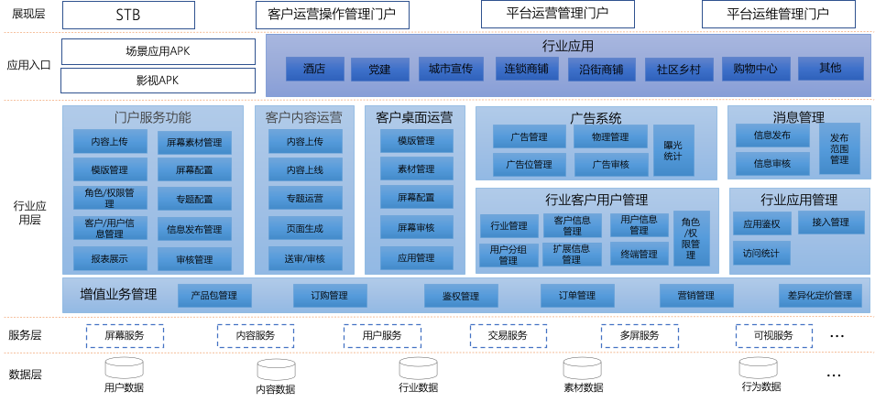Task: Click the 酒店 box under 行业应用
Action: pos(314,69)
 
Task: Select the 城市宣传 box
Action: pos(450,69)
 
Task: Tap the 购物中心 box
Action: pos(755,69)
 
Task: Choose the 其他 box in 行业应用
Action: pos(830,69)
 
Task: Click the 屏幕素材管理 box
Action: pos(194,143)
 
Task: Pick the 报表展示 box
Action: pos(109,259)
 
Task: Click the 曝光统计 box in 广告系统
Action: pos(673,150)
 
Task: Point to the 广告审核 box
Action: pos(610,165)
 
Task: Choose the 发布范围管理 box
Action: pos(839,147)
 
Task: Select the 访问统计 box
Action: pos(761,254)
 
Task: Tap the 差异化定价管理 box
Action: pos(820,295)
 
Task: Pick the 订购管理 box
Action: pos(330,295)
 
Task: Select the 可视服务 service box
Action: pos(773,336)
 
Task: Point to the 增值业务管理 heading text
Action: pos(118,295)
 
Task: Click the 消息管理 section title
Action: pos(798,117)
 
